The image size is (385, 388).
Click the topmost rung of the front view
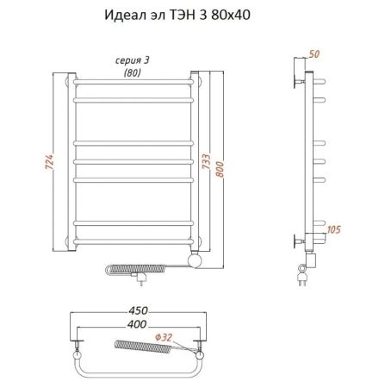point(138,83)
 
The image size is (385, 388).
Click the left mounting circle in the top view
point(78,352)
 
